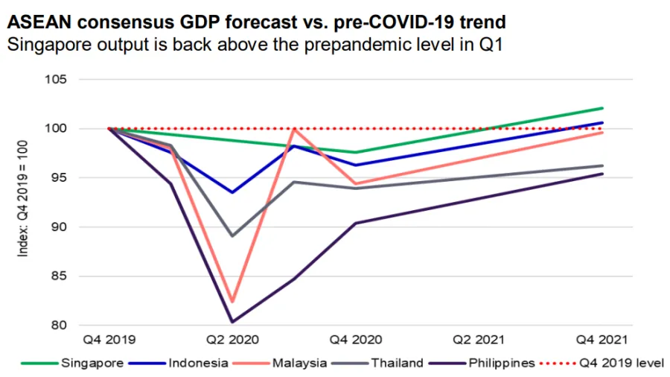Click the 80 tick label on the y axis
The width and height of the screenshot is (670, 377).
(60, 325)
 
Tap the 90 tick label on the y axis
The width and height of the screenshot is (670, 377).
(60, 226)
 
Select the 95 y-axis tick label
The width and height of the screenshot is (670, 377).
(60, 177)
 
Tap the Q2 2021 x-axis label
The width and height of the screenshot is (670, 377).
(479, 339)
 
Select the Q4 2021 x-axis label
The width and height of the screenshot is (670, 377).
(602, 339)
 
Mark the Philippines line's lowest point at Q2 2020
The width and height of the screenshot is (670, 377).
(232, 322)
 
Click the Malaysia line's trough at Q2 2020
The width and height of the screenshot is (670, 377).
(232, 302)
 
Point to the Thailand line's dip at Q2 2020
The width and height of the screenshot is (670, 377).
(232, 235)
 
